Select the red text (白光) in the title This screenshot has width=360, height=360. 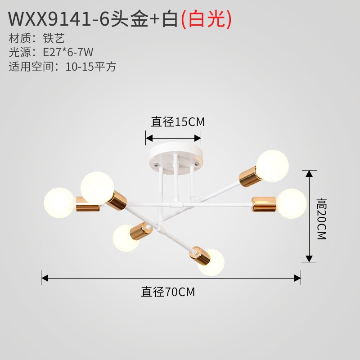[x=206, y=19]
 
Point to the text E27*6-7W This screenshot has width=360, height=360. [x=68, y=52]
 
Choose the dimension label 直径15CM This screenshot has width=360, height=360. [x=178, y=121]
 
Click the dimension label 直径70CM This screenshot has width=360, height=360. [x=168, y=292]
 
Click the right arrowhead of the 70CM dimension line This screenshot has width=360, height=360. [x=297, y=278]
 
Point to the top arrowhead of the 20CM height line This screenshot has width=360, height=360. [x=309, y=173]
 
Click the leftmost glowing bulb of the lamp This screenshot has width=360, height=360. [x=59, y=203]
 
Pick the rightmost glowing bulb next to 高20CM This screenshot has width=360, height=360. [x=292, y=203]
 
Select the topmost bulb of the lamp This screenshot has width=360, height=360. [x=272, y=166]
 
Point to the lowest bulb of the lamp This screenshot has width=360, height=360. [x=211, y=263]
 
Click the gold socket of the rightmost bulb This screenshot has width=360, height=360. [x=264, y=204]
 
